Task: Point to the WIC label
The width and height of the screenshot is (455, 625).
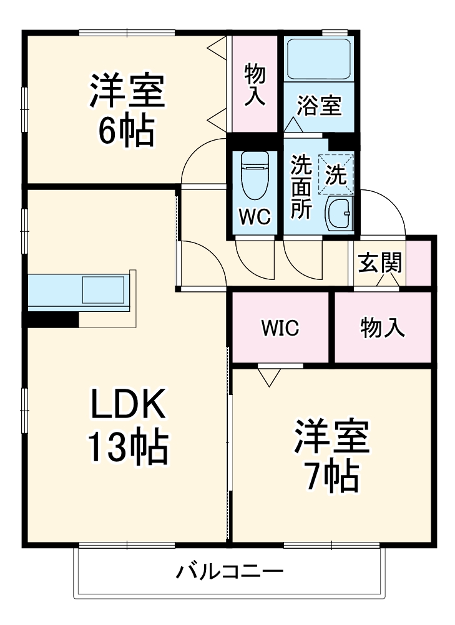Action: point(280,327)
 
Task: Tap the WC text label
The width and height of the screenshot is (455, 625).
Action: point(255,217)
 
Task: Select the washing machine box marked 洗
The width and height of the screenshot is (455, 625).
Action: point(337,174)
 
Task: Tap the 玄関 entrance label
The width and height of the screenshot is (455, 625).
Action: point(379,264)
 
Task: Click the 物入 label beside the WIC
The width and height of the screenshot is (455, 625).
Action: point(383,327)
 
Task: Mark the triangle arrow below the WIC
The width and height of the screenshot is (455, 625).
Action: point(269,377)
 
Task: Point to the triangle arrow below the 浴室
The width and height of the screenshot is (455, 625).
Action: point(293,126)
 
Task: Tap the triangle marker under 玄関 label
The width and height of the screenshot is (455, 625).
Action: point(387,281)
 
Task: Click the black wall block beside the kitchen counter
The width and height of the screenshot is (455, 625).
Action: point(52,319)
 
